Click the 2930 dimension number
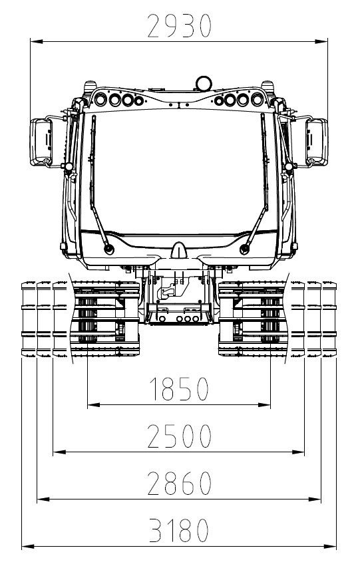[179, 26]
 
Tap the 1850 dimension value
[179, 388]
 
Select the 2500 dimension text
[179, 436]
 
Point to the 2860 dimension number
[179, 483]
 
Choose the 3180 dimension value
[179, 530]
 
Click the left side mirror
[41, 142]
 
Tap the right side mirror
[317, 142]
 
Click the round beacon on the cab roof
[204, 83]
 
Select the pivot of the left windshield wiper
[108, 249]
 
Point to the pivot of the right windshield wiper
[245, 249]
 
